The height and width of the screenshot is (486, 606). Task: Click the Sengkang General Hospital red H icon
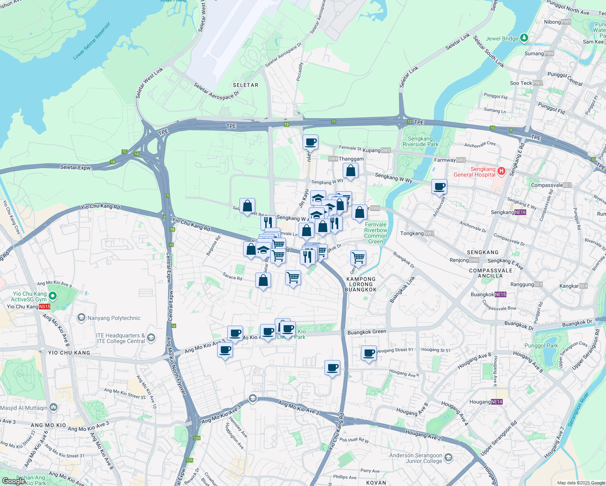click(x=501, y=171)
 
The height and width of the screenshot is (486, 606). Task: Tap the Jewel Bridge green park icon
click(x=524, y=38)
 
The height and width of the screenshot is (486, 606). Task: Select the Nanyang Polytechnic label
click(x=114, y=318)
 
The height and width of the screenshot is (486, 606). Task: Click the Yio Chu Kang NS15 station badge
click(x=45, y=307)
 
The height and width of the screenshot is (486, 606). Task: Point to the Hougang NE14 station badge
click(x=497, y=402)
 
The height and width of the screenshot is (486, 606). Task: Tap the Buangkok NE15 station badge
click(x=500, y=294)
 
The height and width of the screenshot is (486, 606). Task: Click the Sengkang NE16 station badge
click(x=520, y=212)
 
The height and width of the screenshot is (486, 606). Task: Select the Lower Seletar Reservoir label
click(x=92, y=41)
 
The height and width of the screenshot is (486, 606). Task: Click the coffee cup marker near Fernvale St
click(x=311, y=143)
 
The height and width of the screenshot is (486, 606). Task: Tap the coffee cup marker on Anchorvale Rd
click(x=439, y=187)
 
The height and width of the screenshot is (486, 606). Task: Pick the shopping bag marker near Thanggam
click(x=350, y=171)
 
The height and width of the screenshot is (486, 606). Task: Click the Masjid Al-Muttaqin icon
click(x=53, y=407)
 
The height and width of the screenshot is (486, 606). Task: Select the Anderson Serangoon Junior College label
click(x=416, y=458)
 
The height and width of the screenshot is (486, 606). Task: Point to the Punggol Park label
click(x=541, y=345)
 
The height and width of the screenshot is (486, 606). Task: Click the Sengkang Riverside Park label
click(x=420, y=141)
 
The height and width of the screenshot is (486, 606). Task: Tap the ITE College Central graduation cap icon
click(x=151, y=338)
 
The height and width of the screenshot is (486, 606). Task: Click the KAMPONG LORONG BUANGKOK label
click(x=361, y=284)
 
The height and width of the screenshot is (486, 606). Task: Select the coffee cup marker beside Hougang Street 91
click(x=369, y=353)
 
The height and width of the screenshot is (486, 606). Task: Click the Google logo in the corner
click(x=13, y=481)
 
